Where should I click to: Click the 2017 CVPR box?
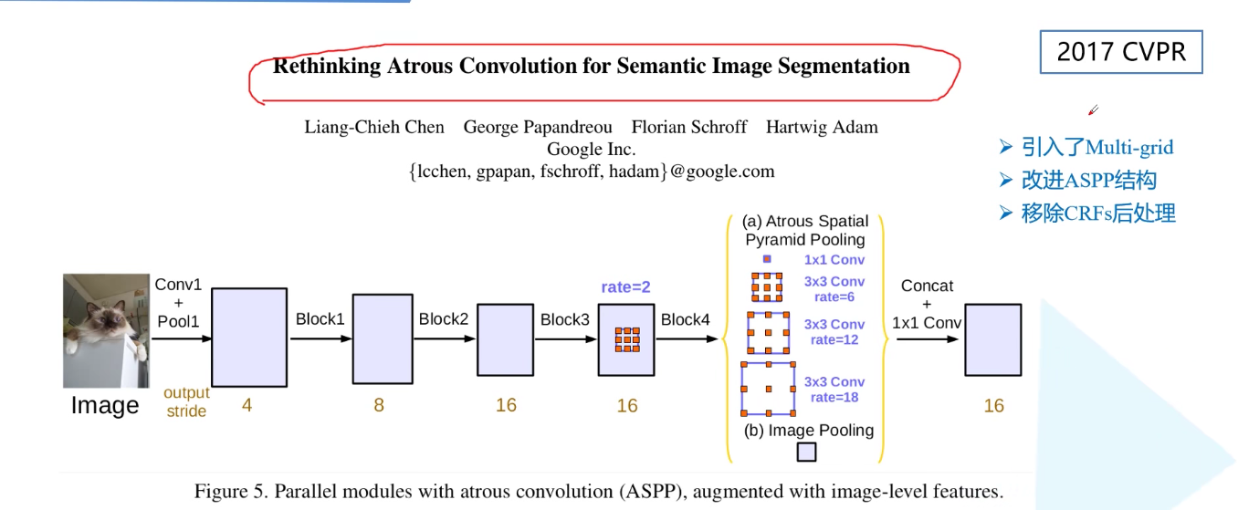coord(1120,52)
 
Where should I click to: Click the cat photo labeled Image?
coord(106,330)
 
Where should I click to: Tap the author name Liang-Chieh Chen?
coord(374,127)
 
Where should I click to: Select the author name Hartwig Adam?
coord(822,127)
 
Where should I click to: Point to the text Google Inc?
coord(591,149)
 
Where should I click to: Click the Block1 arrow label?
coord(320,319)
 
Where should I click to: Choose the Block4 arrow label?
coord(686,319)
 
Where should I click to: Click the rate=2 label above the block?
coord(625,287)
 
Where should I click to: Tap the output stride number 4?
coord(247,405)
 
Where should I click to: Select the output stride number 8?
coord(379,405)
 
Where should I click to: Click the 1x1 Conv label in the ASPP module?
coord(834,260)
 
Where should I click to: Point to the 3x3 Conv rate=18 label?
coord(834,390)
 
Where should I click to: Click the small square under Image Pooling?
coord(806,452)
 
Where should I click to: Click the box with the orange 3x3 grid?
coord(626,339)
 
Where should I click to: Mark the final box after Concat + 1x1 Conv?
coord(993,339)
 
